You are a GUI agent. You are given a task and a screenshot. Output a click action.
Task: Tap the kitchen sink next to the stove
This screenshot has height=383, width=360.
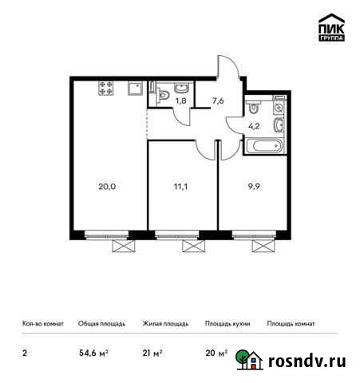(133, 88)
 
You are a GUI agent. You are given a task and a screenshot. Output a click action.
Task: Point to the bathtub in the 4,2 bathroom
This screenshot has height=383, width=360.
(263, 147)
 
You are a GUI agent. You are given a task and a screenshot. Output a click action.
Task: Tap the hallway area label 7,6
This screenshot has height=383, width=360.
(217, 101)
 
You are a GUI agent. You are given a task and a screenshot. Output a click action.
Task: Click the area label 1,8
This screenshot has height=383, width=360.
(181, 101)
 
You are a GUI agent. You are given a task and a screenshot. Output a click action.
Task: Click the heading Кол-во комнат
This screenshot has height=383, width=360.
(39, 325)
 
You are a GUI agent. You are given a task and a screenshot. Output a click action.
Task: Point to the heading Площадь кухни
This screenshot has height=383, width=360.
(227, 325)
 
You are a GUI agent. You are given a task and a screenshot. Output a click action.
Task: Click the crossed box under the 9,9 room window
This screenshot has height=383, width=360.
(259, 247)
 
